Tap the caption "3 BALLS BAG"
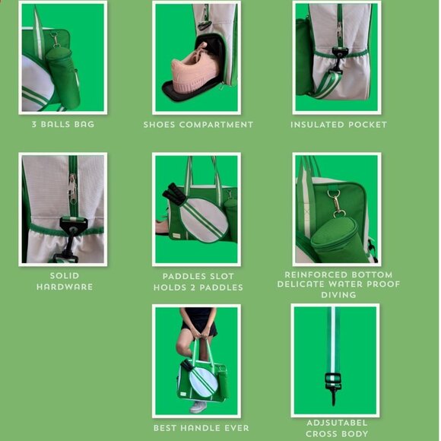tap(63, 124)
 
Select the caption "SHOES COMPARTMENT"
tap(198, 125)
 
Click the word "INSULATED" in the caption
tap(317, 125)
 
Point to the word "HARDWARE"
tap(65, 287)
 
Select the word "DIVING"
tap(338, 295)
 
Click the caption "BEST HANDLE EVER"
tap(201, 428)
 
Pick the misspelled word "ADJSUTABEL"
tap(337, 423)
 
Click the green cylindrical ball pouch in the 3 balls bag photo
tap(63, 78)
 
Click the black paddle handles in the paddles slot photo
tap(174, 193)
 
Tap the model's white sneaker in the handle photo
tap(198, 407)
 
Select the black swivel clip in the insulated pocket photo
tap(338, 62)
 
